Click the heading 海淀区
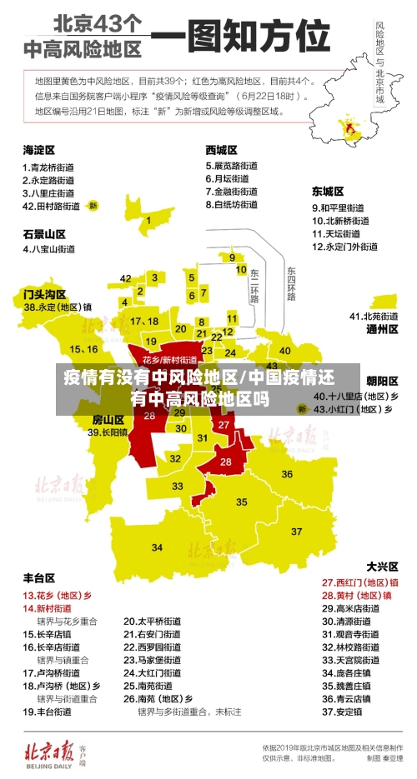(38, 150)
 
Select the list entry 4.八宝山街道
(52, 248)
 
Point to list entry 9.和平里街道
(338, 207)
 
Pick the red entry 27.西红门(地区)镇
(359, 582)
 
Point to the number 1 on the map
(148, 221)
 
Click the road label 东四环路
(291, 284)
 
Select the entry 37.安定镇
(342, 712)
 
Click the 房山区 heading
(108, 418)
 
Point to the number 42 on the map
(126, 278)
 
